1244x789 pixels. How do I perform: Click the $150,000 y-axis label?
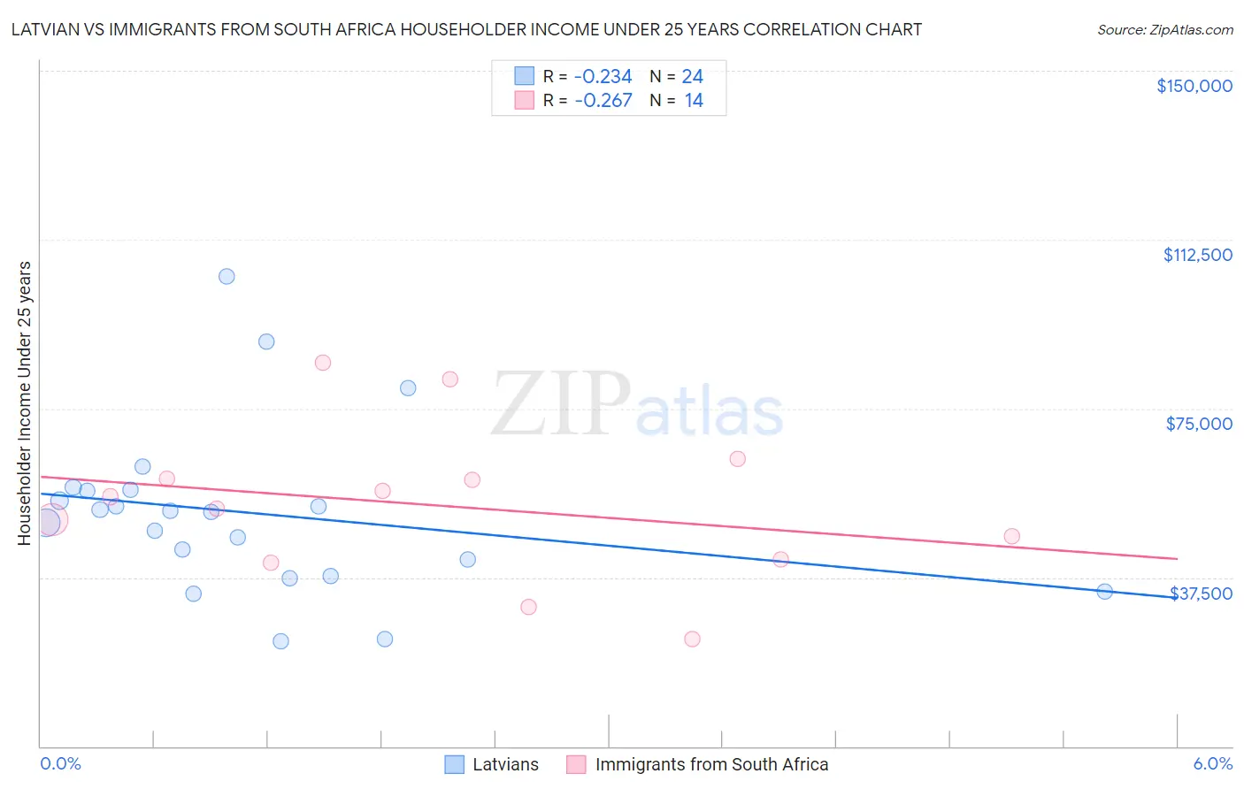(1194, 86)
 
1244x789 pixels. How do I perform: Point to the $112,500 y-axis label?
(1197, 255)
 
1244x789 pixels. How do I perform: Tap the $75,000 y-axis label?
(1199, 424)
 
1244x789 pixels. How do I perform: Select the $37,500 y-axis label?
(1201, 594)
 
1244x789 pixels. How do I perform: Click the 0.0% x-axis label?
(60, 763)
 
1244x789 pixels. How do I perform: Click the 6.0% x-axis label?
(1212, 763)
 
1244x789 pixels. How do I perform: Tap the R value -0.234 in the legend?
(603, 77)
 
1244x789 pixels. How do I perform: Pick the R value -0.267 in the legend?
(603, 101)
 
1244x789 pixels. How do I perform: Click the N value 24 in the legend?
(692, 77)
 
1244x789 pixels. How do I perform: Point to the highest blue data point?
(227, 276)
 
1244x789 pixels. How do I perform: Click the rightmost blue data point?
(1104, 592)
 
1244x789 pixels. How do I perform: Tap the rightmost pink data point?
(1011, 536)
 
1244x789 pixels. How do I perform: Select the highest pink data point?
(323, 363)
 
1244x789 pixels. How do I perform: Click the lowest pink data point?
(692, 639)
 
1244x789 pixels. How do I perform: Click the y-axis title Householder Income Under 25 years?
(25, 402)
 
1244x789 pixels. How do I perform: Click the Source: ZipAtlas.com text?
(1164, 30)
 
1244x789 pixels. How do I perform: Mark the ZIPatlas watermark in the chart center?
(637, 405)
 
